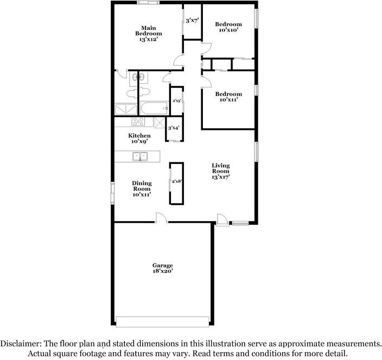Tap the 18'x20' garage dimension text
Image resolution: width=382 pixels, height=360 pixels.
[x=162, y=271]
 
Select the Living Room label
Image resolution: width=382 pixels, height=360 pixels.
[x=221, y=171]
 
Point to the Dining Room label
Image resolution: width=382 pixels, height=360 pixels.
[x=142, y=188]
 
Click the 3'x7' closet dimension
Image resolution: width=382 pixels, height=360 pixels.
[x=192, y=21]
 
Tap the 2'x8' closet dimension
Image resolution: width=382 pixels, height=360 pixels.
[x=176, y=181]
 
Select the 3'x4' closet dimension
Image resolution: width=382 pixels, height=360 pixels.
[x=174, y=128]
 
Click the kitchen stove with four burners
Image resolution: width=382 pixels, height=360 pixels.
[x=138, y=122]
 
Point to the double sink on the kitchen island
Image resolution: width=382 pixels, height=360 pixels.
[x=140, y=157]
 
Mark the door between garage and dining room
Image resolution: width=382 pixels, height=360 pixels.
[x=161, y=218]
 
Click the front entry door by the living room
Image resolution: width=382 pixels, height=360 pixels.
[x=222, y=220]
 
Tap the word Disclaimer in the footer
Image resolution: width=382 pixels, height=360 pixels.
[x=21, y=344]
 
